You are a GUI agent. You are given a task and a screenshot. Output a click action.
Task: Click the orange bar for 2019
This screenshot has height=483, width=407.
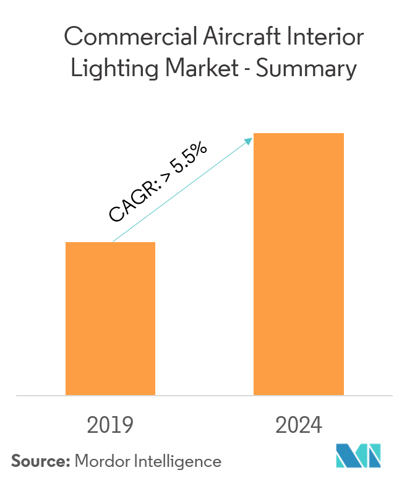pos(110,318)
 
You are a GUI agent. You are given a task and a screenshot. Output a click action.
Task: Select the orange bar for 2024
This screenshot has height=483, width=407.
pos(299,264)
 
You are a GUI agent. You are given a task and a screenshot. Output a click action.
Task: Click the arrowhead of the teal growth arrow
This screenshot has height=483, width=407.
pos(250,139)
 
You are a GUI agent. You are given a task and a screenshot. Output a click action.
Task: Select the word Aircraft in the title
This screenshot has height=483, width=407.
pos(232,38)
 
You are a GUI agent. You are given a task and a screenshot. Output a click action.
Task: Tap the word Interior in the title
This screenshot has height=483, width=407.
pos(324,38)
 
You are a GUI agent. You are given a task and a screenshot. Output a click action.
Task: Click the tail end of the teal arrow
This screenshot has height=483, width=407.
pos(113,241)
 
